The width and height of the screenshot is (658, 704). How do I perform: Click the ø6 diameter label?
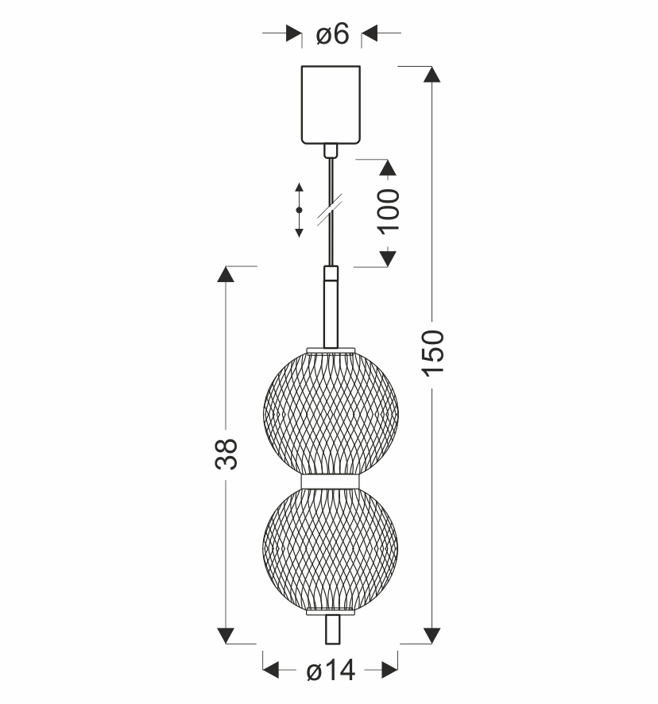[332, 33]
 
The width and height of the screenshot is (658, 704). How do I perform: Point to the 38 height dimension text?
[226, 454]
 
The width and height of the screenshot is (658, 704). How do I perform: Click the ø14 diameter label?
[331, 671]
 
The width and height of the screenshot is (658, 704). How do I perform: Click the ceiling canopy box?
[331, 105]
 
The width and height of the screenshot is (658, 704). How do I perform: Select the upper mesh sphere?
[331, 412]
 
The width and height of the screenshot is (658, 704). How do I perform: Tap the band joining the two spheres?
[331, 482]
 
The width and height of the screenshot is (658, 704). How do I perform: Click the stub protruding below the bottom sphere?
[331, 629]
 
